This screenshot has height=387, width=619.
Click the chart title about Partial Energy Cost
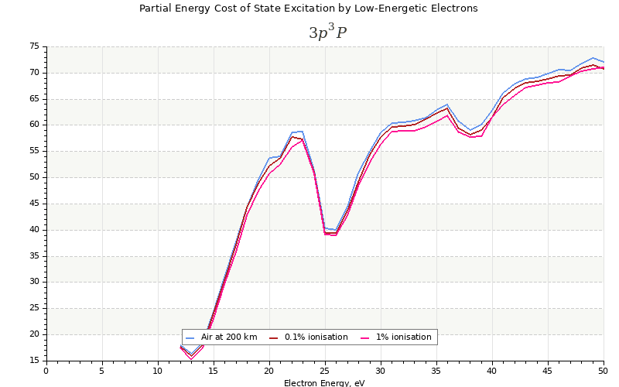[308, 9]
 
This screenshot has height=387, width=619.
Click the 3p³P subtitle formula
[327, 33]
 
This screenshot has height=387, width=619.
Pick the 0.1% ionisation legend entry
[315, 337]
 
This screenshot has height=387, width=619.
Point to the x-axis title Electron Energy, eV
[324, 383]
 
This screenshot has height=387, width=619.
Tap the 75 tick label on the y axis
[34, 46]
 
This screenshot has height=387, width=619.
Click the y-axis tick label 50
[34, 177]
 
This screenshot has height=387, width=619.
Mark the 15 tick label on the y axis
[34, 361]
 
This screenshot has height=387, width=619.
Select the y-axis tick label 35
[34, 256]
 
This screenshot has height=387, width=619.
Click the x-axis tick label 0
[46, 371]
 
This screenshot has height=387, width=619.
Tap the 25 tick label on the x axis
[324, 371]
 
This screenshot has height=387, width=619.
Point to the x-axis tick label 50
[603, 371]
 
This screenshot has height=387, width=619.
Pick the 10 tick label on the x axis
[157, 371]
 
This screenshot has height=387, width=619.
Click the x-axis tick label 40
[491, 371]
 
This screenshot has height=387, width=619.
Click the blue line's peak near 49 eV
[593, 58]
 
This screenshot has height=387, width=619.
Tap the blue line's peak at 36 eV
[447, 104]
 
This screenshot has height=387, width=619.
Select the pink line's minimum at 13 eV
[191, 359]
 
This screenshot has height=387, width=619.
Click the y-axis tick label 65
[34, 99]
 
